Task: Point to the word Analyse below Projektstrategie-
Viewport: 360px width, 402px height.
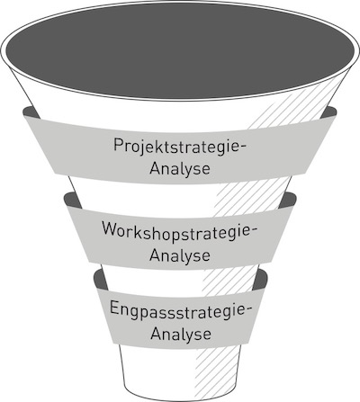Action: click(x=180, y=168)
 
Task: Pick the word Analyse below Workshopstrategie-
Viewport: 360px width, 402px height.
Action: click(x=180, y=255)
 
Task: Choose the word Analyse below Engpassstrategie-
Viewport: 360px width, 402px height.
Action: click(x=181, y=334)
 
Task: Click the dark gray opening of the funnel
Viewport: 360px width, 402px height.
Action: click(x=180, y=50)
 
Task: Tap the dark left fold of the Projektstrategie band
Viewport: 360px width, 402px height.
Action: click(x=31, y=112)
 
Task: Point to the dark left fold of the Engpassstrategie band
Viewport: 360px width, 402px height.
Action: click(x=101, y=280)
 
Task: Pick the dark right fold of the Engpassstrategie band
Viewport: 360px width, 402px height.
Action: click(x=260, y=280)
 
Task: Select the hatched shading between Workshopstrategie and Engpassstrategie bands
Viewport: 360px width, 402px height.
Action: click(x=230, y=281)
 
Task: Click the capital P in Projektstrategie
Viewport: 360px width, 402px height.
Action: click(x=118, y=145)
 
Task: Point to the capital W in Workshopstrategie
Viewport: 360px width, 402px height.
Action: click(x=112, y=228)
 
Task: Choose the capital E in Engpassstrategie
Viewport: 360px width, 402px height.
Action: click(x=114, y=308)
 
